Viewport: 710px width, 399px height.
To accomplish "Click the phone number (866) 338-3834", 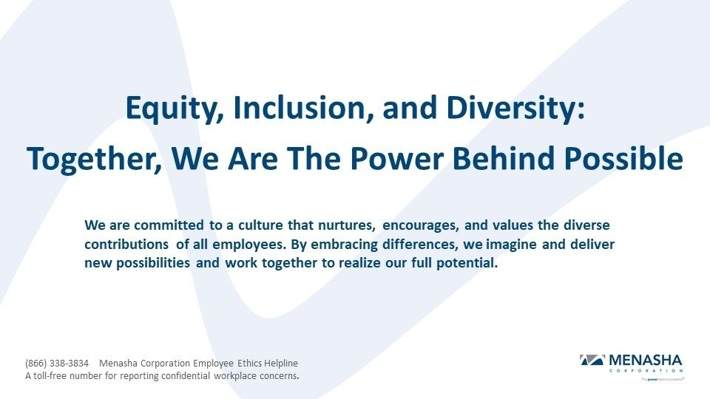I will pyautogui.click(x=57, y=364).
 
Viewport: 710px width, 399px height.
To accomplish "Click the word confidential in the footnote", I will pyautogui.click(x=206, y=375).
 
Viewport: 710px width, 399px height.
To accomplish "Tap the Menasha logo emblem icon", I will pyautogui.click(x=592, y=360).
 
